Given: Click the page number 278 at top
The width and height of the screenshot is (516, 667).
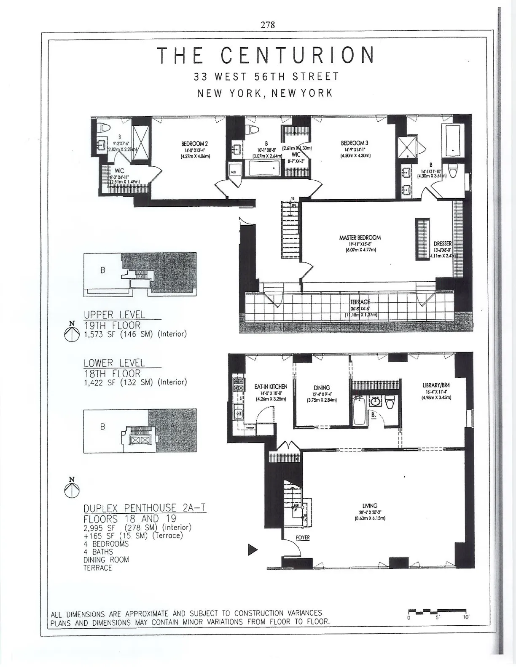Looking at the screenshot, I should tap(267, 25).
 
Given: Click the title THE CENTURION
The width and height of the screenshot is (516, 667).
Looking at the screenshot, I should tap(266, 56).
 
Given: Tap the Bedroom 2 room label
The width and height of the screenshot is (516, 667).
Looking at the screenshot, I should tap(194, 144).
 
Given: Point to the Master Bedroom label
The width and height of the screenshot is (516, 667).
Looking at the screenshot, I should tap(360, 238).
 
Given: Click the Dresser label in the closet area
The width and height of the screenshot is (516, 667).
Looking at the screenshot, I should tap(442, 244).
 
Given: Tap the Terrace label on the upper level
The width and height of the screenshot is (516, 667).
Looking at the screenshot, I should tap(360, 302).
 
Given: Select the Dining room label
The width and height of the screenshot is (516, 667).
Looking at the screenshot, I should tap(321, 388).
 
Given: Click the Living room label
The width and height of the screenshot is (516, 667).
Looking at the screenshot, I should tap(370, 506).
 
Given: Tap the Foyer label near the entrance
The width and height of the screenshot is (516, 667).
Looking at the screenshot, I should tap(303, 538).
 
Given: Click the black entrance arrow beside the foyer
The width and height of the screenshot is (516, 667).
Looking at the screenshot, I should tap(252, 550).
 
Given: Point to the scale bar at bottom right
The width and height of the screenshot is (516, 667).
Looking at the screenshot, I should tap(437, 611).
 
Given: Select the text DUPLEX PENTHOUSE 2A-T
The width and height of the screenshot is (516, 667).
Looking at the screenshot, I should tap(145, 508).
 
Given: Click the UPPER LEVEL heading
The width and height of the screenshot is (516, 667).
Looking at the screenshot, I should tap(114, 315).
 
